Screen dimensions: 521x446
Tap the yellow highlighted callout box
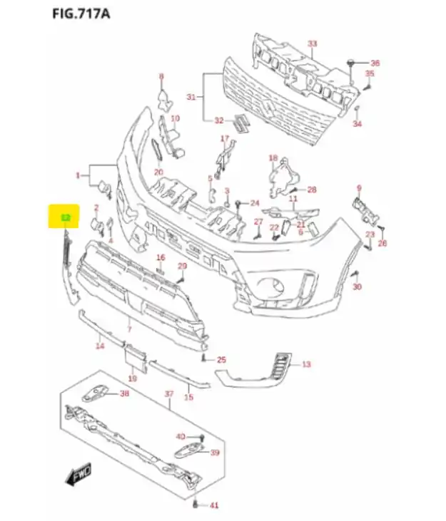point(65,217)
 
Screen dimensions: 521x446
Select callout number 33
point(312,44)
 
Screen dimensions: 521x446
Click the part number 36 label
point(375,63)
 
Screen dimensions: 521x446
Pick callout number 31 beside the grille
point(191,96)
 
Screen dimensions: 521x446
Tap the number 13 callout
point(306,364)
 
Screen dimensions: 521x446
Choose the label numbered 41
point(213,505)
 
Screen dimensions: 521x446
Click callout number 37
point(169,393)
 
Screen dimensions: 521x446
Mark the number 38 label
point(124,393)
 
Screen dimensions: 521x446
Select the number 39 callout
point(214,453)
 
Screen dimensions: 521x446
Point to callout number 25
point(221,359)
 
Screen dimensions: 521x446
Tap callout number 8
point(161,76)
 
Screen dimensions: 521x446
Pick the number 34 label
point(358,124)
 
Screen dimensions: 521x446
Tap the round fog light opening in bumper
point(272,287)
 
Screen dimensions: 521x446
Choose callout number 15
point(188,397)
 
